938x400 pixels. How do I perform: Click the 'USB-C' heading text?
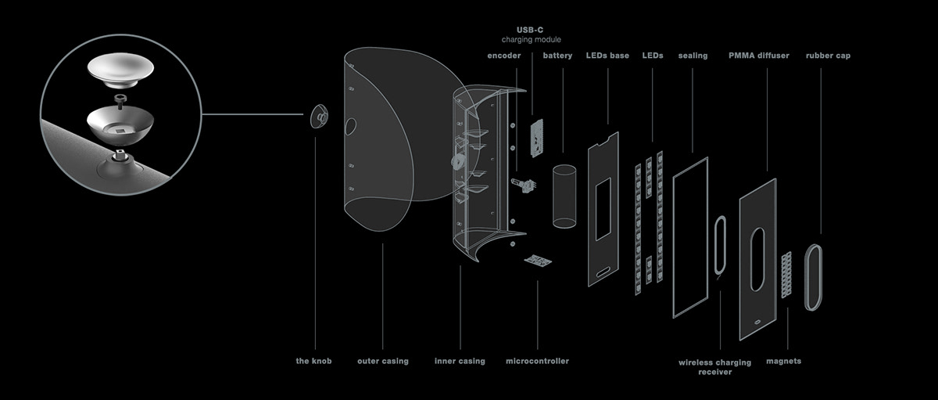(531, 29)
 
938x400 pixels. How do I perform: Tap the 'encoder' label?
(503, 56)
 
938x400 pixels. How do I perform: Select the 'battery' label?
(557, 56)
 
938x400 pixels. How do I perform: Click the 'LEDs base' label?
(608, 56)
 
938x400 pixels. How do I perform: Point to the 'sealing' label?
(693, 56)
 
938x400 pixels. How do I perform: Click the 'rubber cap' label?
(828, 56)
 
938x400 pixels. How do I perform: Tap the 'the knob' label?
(314, 361)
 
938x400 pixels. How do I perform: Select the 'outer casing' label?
(382, 361)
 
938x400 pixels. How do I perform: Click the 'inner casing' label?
(460, 361)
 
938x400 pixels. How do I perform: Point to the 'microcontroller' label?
(537, 361)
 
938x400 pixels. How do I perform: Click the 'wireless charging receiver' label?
(714, 367)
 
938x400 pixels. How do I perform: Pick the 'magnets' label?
(784, 361)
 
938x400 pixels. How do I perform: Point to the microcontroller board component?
(538, 260)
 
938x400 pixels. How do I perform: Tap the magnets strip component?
(787, 272)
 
